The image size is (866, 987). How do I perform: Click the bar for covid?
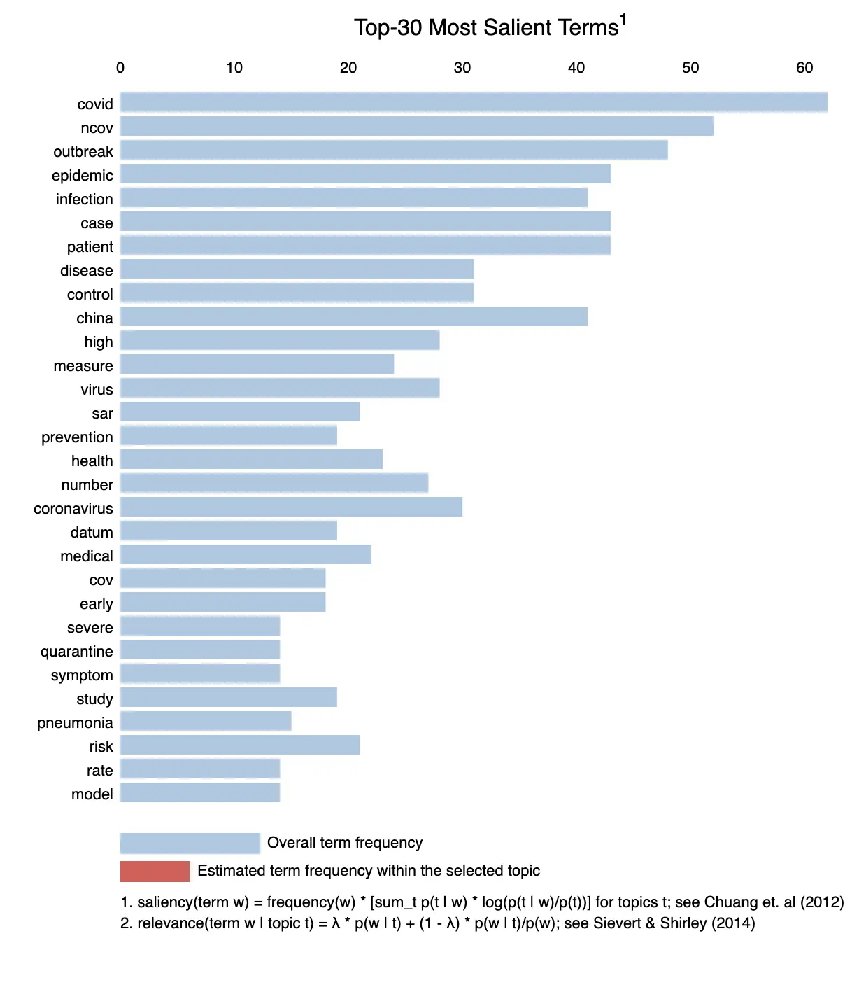[474, 103]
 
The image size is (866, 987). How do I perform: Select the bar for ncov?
[416, 127]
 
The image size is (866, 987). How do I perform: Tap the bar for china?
[354, 317]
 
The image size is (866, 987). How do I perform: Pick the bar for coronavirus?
[291, 507]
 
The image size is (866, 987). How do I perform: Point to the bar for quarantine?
[200, 650]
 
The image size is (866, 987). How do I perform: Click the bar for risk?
[240, 745]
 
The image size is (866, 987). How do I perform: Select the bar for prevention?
[229, 436]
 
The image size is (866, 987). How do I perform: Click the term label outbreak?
[83, 152]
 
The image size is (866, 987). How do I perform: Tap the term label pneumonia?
[75, 723]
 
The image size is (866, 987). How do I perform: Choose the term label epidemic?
[83, 176]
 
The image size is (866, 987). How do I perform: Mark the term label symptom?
[82, 675]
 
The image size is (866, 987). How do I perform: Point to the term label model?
[92, 794]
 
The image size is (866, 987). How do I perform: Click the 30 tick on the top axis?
[462, 68]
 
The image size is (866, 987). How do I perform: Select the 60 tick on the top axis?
[804, 68]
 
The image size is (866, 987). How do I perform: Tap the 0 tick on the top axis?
[120, 68]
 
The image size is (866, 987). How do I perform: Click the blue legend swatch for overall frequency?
[190, 843]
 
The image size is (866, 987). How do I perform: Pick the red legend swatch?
[155, 871]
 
